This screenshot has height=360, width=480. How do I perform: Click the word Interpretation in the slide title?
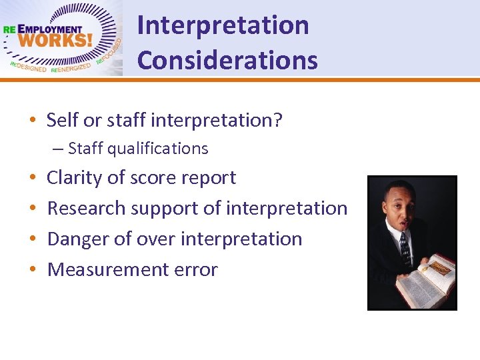tap(223, 26)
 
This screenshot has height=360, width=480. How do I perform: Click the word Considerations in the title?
tap(227, 61)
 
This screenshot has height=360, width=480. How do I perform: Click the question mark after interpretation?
tap(278, 121)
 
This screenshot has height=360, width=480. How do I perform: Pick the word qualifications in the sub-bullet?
tap(157, 149)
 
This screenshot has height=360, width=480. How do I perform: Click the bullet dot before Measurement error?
tap(33, 270)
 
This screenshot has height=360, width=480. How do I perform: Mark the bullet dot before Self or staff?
tap(33, 121)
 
